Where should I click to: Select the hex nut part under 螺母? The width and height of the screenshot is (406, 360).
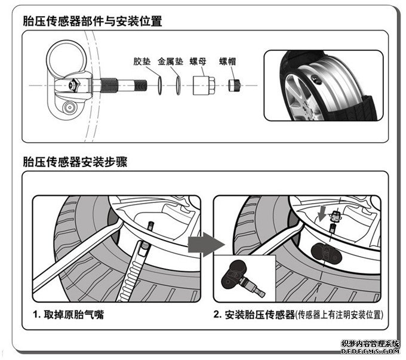[x=203, y=85]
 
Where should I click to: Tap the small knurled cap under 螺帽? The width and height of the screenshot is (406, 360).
[x=235, y=85]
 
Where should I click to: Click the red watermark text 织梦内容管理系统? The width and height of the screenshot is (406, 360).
[x=370, y=344]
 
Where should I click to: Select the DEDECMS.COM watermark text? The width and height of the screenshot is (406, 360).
[x=370, y=353]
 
